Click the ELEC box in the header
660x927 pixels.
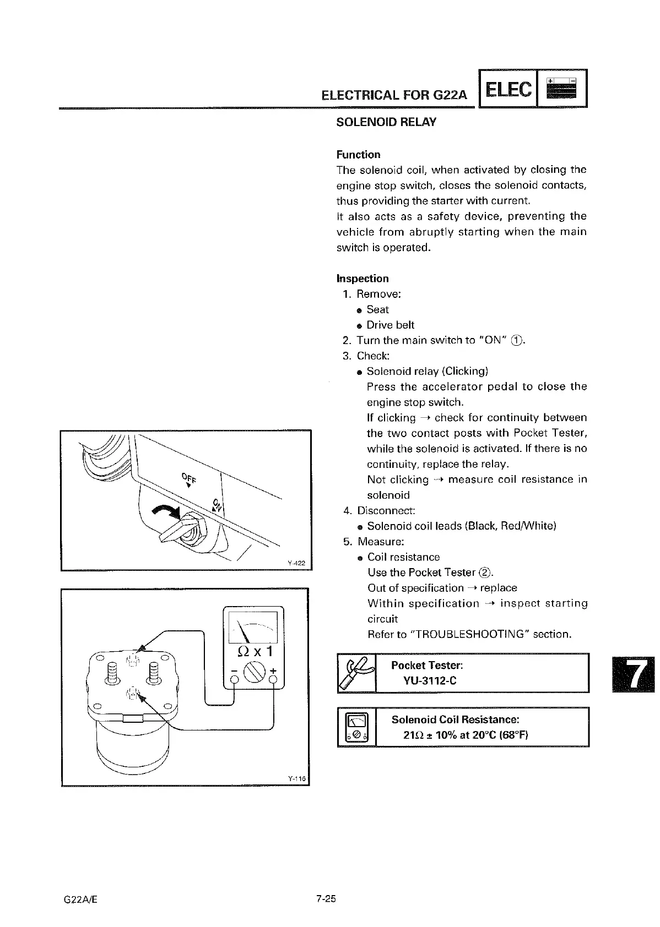point(508,89)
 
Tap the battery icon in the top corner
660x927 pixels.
point(561,89)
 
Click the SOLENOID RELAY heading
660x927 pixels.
point(386,122)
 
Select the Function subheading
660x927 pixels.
point(358,155)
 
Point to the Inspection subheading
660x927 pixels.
point(363,279)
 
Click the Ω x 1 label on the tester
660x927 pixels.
point(253,652)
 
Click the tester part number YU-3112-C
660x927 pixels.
point(430,681)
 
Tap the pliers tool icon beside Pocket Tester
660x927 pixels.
point(356,673)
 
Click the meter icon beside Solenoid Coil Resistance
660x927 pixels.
point(356,727)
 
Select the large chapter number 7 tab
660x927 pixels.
point(633,675)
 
